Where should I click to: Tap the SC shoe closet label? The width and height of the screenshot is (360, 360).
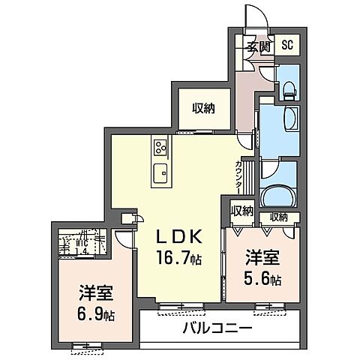coord(288,45)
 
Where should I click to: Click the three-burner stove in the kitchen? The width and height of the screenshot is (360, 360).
coord(160,145)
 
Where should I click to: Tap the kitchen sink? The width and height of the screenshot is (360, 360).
coord(161,174)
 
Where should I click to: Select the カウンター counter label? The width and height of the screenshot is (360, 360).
coord(238,175)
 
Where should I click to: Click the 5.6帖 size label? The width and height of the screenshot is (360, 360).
coord(264,281)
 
